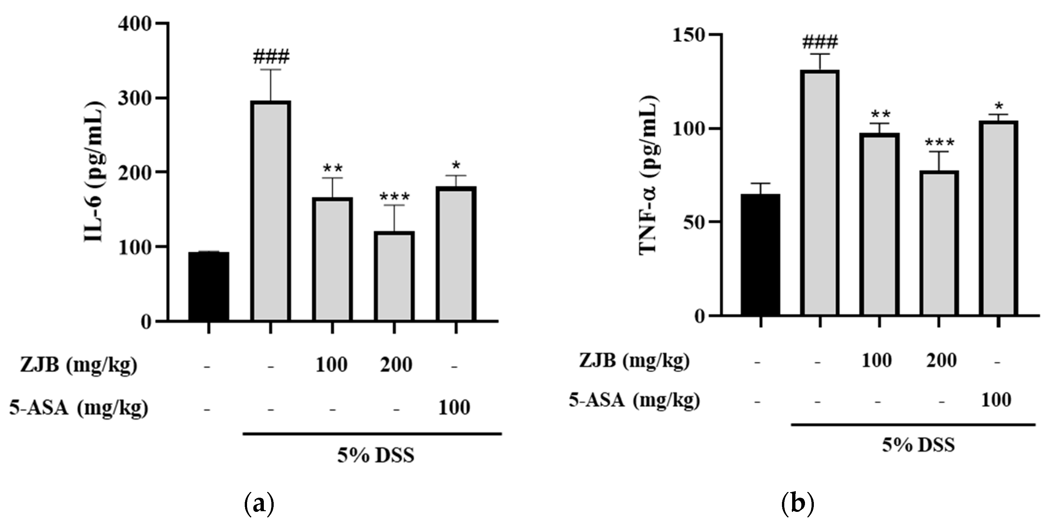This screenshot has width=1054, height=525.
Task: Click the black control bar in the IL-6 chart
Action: (x=209, y=286)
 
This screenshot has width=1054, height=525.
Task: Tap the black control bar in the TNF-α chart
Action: (x=761, y=254)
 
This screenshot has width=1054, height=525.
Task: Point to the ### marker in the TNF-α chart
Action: (x=820, y=41)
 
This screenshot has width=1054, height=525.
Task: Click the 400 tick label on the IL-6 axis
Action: (x=135, y=24)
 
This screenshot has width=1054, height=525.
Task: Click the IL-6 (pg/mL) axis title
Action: (x=95, y=172)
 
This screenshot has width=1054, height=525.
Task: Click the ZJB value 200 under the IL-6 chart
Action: (x=396, y=364)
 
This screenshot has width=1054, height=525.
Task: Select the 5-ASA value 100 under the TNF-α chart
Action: (x=996, y=400)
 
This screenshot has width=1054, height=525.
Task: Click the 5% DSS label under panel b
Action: (x=918, y=444)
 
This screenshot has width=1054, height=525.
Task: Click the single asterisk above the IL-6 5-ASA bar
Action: (x=456, y=166)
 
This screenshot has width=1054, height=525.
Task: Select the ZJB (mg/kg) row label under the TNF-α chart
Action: (x=634, y=361)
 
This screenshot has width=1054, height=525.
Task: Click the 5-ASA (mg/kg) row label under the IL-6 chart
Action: (x=79, y=408)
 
